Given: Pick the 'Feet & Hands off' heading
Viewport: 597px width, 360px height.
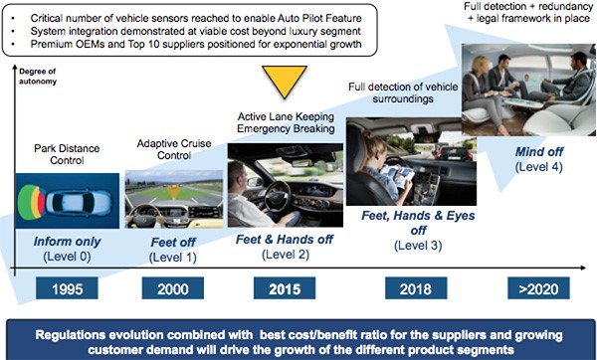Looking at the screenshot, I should [x=285, y=239].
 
